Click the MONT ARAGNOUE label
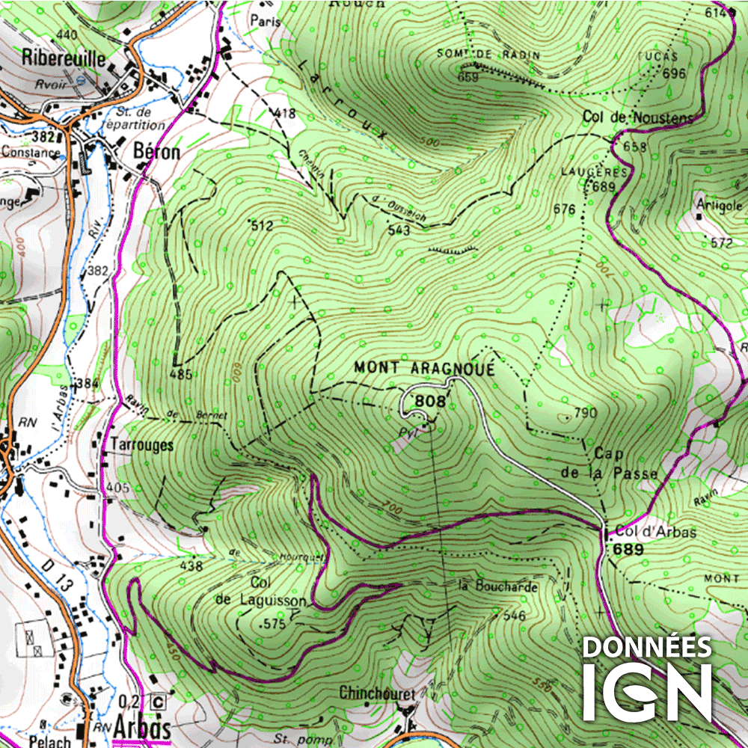[x=424, y=368]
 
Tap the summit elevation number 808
[x=430, y=402]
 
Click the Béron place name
[x=156, y=152]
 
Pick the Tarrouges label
[x=141, y=445]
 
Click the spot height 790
[x=585, y=413]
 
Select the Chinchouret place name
[x=376, y=693]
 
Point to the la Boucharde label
[x=497, y=587]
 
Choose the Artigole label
[x=718, y=206]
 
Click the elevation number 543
[x=399, y=231]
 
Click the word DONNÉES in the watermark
[x=647, y=647]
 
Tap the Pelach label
[x=50, y=742]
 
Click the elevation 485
[x=181, y=373]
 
